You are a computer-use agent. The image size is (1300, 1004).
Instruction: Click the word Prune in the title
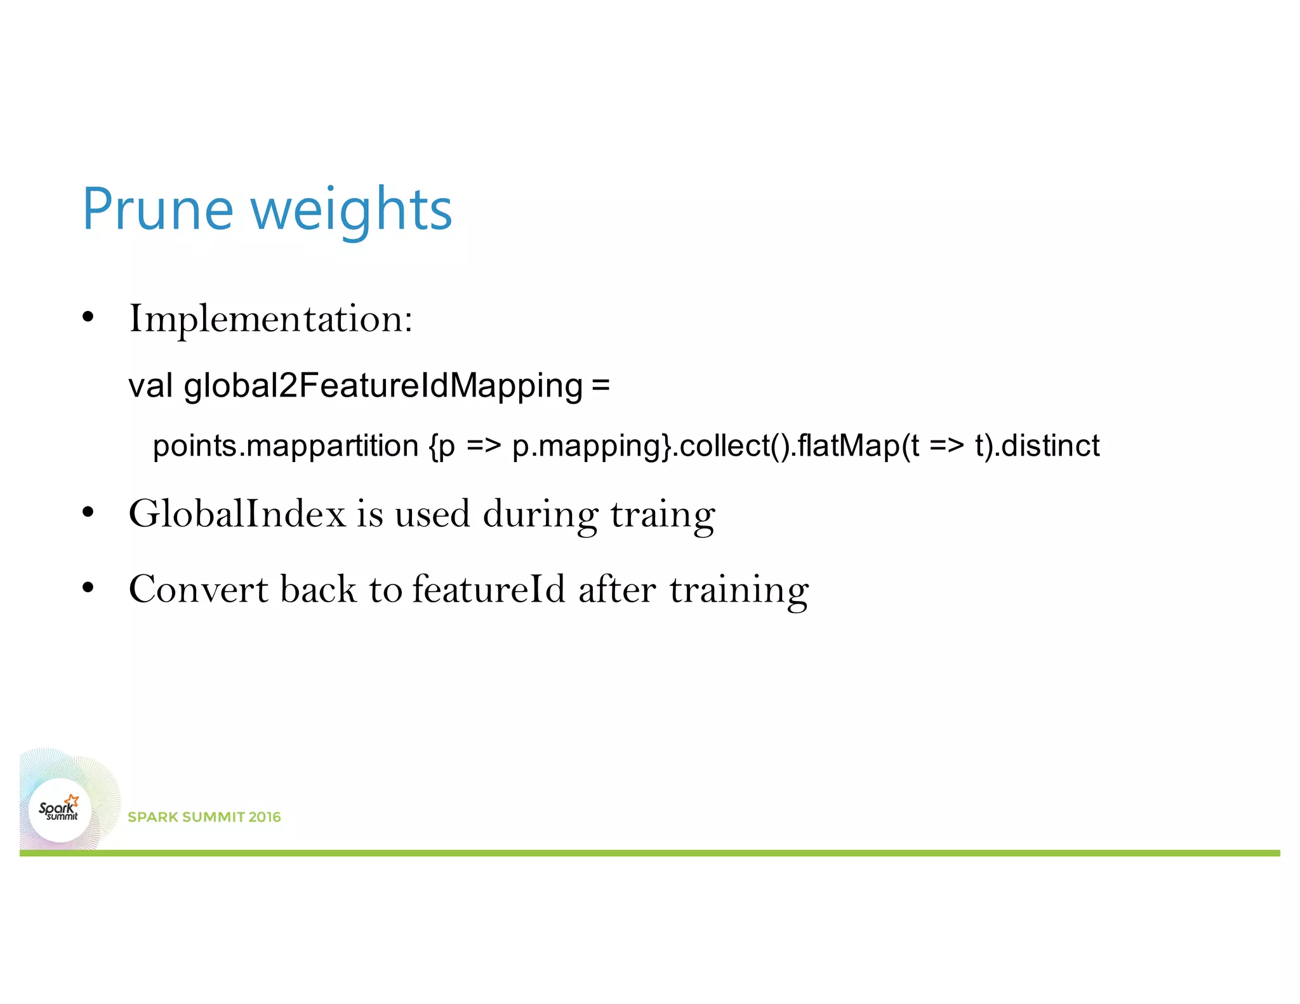(158, 209)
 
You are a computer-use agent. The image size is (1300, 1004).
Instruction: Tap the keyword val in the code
(150, 385)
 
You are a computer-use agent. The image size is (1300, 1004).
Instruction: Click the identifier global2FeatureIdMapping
(383, 386)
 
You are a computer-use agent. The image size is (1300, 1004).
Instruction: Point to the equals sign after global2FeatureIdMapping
(600, 385)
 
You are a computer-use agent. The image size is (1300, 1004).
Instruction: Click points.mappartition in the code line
(286, 446)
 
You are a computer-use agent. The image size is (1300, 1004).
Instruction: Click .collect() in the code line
(731, 446)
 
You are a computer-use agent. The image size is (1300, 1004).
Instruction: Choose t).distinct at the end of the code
(1037, 446)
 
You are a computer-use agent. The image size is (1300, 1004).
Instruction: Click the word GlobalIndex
(237, 513)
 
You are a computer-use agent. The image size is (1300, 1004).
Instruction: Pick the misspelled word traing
(663, 515)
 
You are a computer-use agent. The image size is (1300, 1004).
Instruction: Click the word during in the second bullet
(540, 515)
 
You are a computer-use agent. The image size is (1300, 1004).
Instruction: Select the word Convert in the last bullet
(199, 589)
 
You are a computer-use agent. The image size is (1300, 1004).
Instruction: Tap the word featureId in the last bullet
(488, 589)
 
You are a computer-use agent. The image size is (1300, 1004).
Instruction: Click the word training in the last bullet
(739, 590)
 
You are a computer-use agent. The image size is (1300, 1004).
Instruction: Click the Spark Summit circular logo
(60, 810)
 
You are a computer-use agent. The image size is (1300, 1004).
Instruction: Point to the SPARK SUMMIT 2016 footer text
(204, 817)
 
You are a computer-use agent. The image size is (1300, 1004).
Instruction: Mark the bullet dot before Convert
(88, 588)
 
